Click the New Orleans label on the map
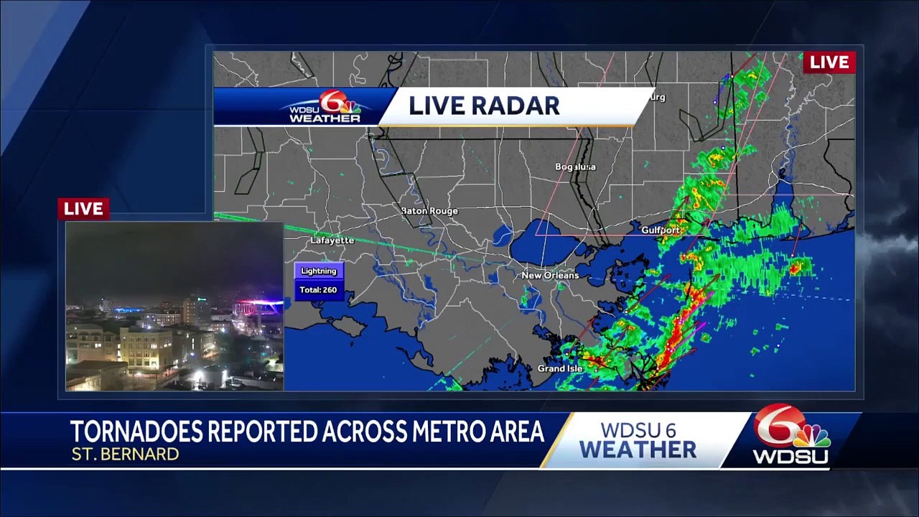[550, 275]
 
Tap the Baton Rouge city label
[429, 210]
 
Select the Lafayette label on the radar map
[332, 241]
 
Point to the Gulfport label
[661, 230]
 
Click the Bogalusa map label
[575, 167]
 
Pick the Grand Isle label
[560, 368]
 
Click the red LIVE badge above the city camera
[83, 209]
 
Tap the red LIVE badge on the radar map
[829, 62]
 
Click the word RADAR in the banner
[523, 106]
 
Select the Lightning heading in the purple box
[319, 271]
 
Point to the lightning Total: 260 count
[318, 289]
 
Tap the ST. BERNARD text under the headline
[125, 454]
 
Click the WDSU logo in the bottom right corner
[792, 436]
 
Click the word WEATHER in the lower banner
[638, 450]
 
